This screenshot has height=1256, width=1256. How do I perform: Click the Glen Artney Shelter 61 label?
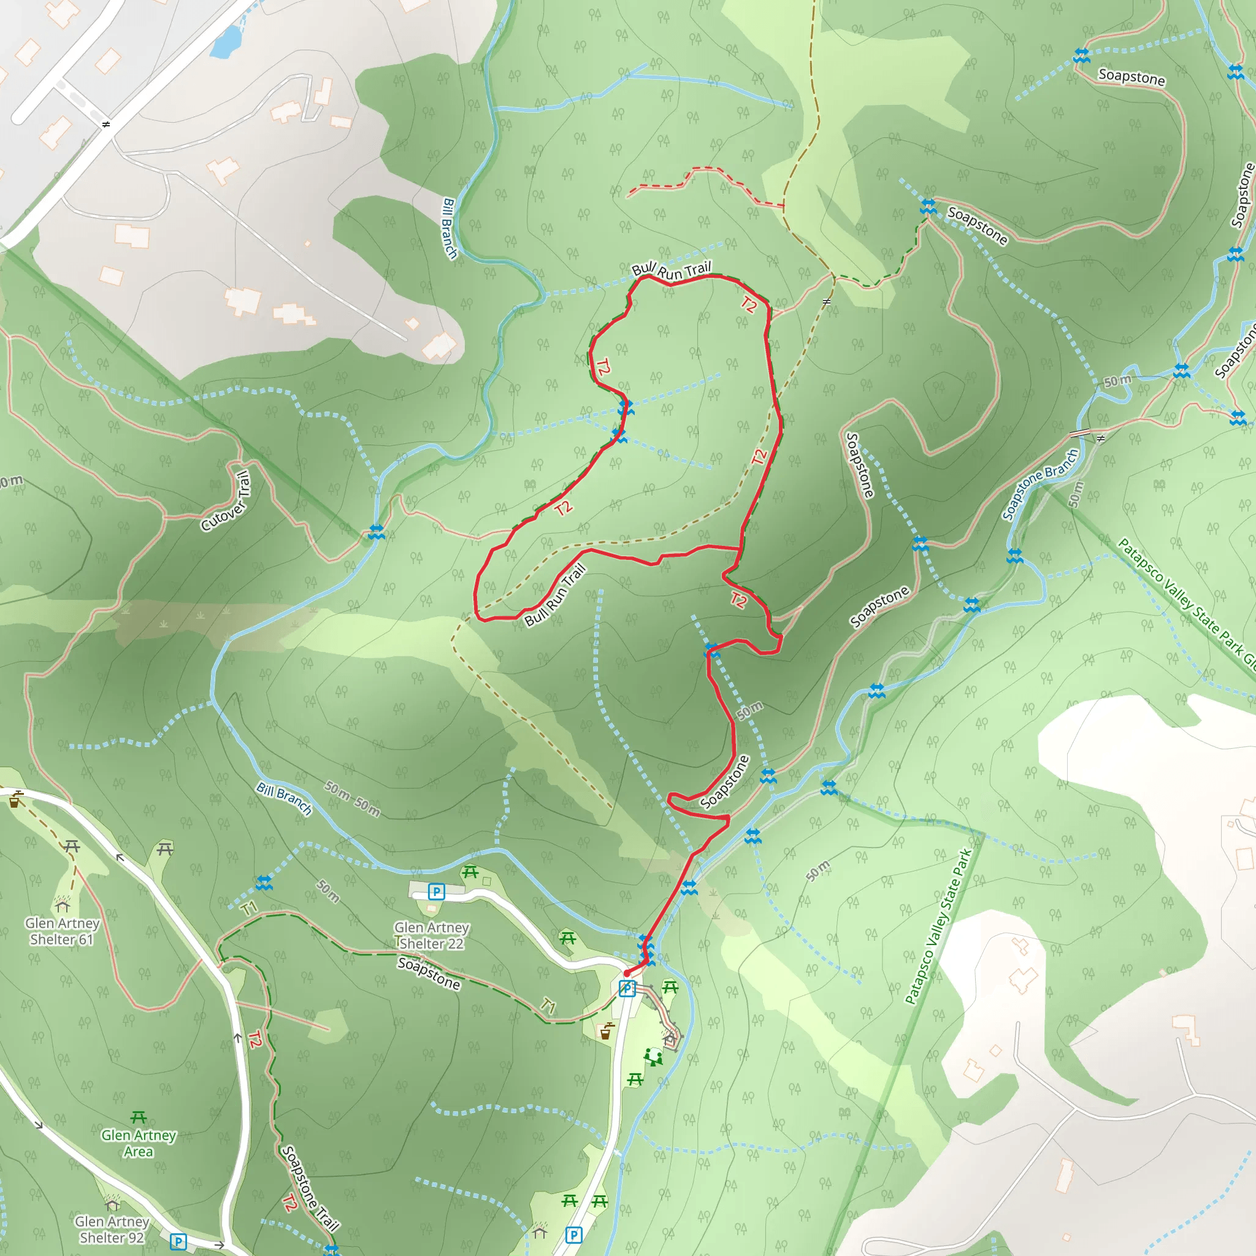pyautogui.click(x=62, y=931)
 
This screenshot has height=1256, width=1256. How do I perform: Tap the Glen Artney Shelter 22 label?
pyautogui.click(x=432, y=935)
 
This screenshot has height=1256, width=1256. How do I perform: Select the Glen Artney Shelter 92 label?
pyautogui.click(x=112, y=1230)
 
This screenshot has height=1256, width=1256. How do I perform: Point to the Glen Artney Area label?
pyautogui.click(x=139, y=1144)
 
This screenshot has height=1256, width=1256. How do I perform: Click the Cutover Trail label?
pyautogui.click(x=226, y=501)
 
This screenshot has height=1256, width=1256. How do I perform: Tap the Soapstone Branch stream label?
pyautogui.click(x=1040, y=484)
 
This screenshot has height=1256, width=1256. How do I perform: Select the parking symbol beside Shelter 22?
pyautogui.click(x=436, y=891)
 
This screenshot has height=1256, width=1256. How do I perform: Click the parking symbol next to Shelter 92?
pyautogui.click(x=178, y=1243)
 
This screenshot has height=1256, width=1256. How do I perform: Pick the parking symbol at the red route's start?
pyautogui.click(x=626, y=989)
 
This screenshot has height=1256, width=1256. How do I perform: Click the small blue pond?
pyautogui.click(x=226, y=42)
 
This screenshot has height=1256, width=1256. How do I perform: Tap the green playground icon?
pyautogui.click(x=653, y=1057)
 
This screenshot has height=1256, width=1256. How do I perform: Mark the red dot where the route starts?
pyautogui.click(x=627, y=973)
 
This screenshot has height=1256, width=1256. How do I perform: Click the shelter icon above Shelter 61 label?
pyautogui.click(x=63, y=905)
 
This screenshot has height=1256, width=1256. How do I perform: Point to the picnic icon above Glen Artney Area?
pyautogui.click(x=139, y=1117)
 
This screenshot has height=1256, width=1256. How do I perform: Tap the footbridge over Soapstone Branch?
pyautogui.click(x=1081, y=433)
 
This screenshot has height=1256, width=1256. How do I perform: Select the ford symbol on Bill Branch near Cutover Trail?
pyautogui.click(x=376, y=532)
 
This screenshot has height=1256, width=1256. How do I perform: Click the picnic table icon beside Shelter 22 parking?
pyautogui.click(x=470, y=873)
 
